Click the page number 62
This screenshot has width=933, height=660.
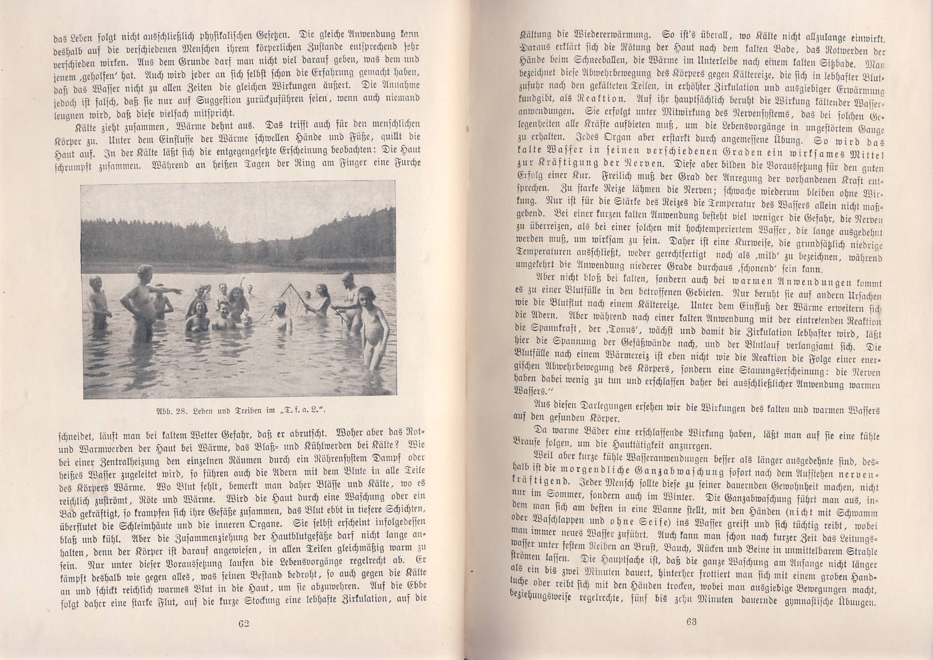[244, 624]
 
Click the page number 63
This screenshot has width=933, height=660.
[691, 621]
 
